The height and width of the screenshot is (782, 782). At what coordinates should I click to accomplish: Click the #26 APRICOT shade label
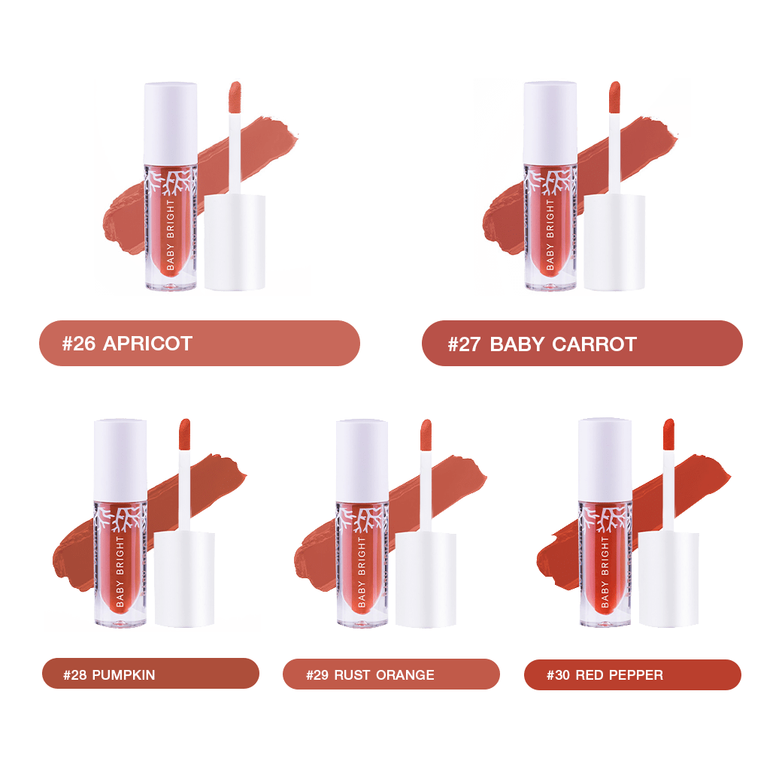coord(199,343)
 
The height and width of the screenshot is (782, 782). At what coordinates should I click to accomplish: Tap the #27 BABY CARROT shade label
coord(582,343)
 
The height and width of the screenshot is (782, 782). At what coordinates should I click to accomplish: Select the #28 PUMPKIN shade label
coord(150,674)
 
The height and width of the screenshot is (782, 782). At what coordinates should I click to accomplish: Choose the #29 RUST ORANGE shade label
coord(391,674)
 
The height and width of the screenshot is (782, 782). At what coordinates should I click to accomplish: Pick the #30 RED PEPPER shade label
coord(632,674)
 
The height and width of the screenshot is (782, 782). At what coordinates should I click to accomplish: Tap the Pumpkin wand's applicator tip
coord(184,434)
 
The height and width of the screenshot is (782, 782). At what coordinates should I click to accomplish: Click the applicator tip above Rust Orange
coord(426,435)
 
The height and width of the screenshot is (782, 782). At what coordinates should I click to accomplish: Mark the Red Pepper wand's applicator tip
coord(668,434)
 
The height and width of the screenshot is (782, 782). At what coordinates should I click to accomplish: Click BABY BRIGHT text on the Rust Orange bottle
coord(362,572)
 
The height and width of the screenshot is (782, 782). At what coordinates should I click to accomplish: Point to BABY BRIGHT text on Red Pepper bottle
coord(605,572)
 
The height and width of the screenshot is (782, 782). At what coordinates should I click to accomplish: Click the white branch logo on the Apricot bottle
coord(171,183)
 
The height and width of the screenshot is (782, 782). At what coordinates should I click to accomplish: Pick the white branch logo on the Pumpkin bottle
coord(121,520)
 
